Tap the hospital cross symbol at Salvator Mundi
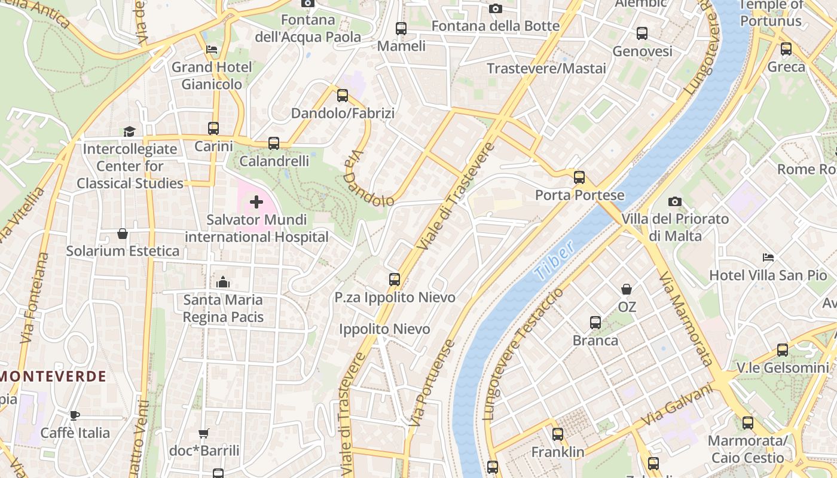(256, 202)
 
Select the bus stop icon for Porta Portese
(579, 177)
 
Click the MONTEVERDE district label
(54, 376)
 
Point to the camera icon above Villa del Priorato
(675, 201)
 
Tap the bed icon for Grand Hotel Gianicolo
(212, 50)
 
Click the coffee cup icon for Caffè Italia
(75, 415)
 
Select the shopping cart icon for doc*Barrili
(204, 433)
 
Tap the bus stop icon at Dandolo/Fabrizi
(343, 95)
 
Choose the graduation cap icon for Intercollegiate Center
(129, 131)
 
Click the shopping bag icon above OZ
(627, 289)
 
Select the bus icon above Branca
(595, 323)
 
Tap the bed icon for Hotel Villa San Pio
(768, 258)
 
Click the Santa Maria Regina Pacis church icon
(223, 281)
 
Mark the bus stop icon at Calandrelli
(274, 143)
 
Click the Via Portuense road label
(432, 382)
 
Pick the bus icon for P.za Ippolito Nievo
(395, 279)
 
